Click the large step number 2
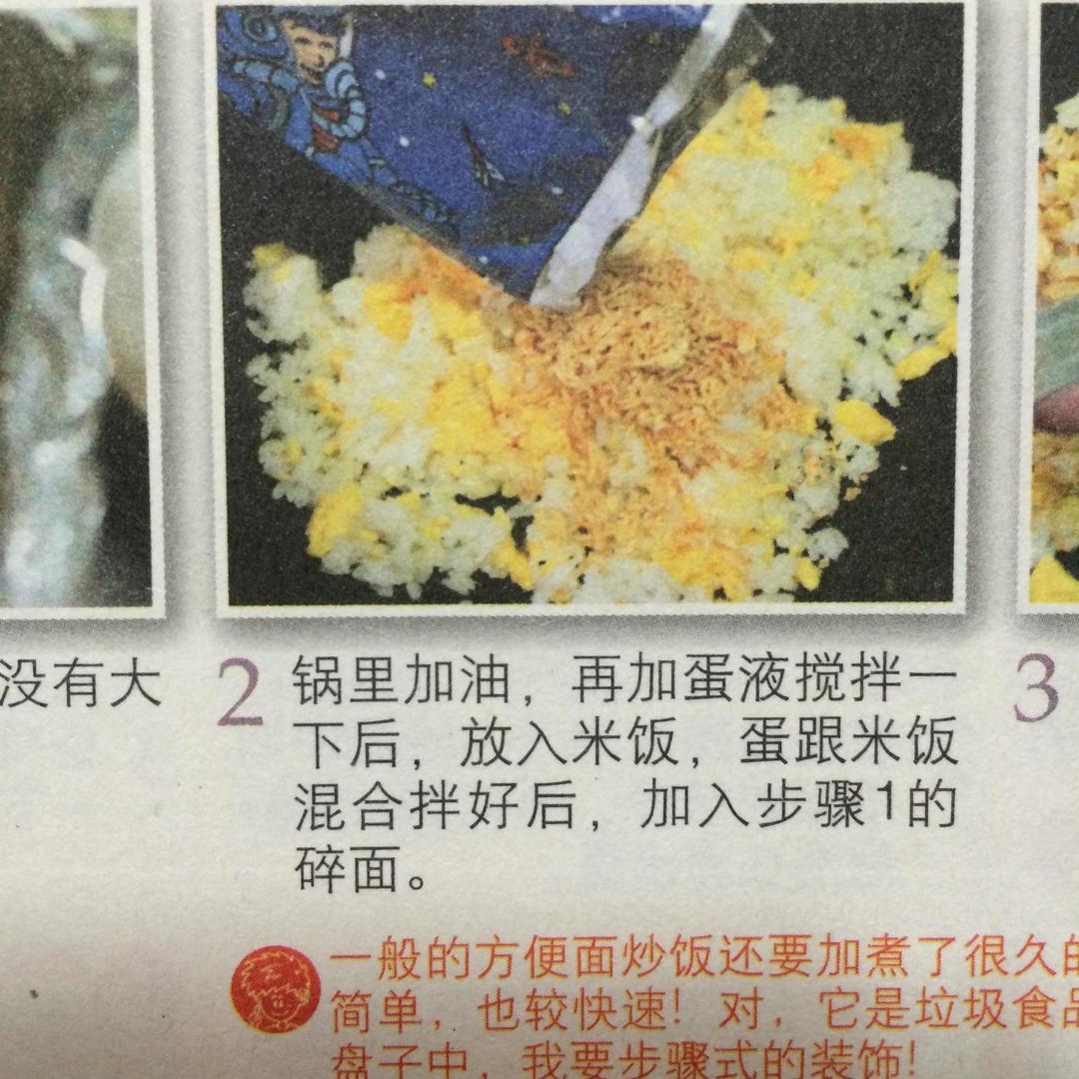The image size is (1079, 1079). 239,691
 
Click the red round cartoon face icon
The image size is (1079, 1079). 276,988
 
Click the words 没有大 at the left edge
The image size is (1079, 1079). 80,685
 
